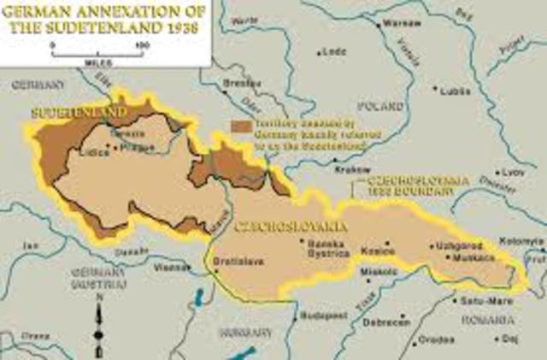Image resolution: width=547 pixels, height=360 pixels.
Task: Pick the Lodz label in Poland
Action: click(335, 52)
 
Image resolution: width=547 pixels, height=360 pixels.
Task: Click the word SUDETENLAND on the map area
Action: click(79, 112)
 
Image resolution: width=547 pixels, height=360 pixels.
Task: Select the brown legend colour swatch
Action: click(241, 125)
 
